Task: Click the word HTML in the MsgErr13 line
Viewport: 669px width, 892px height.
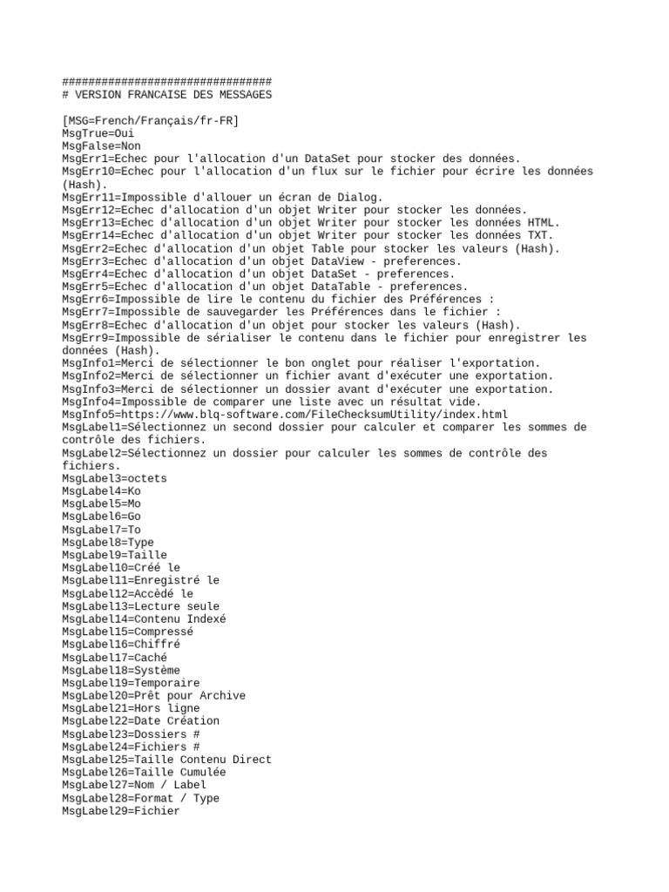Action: [544, 222]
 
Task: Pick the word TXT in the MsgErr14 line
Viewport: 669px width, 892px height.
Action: [541, 235]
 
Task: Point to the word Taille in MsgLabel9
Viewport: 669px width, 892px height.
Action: [147, 555]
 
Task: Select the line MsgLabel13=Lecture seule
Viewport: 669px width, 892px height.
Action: [140, 606]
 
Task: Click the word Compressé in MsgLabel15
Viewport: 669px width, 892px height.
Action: [164, 632]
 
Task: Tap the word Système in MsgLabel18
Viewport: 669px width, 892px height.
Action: [157, 670]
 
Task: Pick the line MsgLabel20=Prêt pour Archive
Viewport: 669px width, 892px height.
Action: [153, 696]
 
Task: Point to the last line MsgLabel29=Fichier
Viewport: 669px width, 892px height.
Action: [121, 811]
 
